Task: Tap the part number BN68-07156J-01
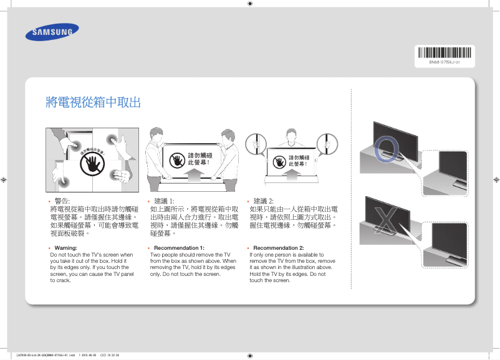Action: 444,62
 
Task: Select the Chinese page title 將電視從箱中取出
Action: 93,103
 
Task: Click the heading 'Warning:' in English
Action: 65,248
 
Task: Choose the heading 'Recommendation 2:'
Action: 278,248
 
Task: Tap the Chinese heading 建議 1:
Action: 164,201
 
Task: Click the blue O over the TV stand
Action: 388,148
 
